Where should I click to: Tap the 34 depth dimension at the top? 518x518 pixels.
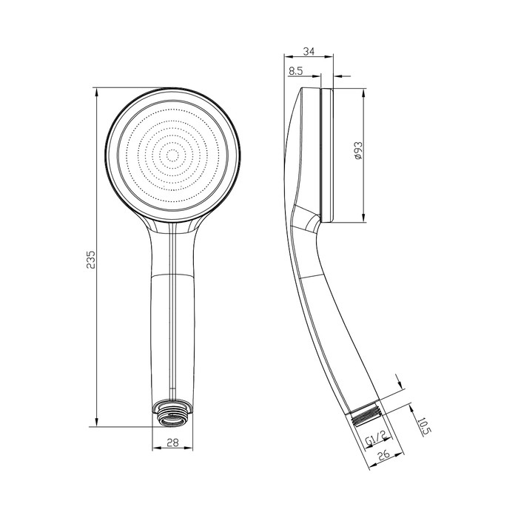tap(309, 52)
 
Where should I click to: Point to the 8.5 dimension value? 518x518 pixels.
tap(297, 70)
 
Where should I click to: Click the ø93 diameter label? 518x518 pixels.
tap(357, 153)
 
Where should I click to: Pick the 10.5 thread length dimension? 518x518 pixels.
tap(423, 427)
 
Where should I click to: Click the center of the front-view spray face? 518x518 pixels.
tap(173, 155)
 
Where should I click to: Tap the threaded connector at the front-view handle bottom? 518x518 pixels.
tap(172, 413)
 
